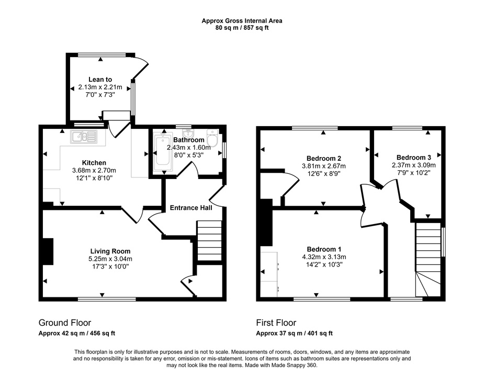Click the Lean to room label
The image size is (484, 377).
tap(100, 80)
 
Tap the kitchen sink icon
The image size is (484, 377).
tap(84, 137)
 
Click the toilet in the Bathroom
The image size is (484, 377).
tap(212, 139)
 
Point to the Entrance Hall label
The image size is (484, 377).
tap(191, 208)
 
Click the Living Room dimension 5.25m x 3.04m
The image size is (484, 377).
tap(110, 259)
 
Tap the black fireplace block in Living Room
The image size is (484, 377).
tap(48, 251)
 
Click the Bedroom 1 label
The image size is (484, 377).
tap(324, 249)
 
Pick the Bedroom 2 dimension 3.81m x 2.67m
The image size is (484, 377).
tap(324, 166)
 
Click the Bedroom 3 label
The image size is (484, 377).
tap(414, 158)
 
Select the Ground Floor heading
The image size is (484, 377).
tap(65, 323)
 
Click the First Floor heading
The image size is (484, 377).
tap(276, 323)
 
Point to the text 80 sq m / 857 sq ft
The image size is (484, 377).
tap(242, 28)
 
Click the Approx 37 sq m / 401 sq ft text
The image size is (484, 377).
tap(294, 334)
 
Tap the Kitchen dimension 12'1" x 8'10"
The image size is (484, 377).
tap(94, 178)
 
